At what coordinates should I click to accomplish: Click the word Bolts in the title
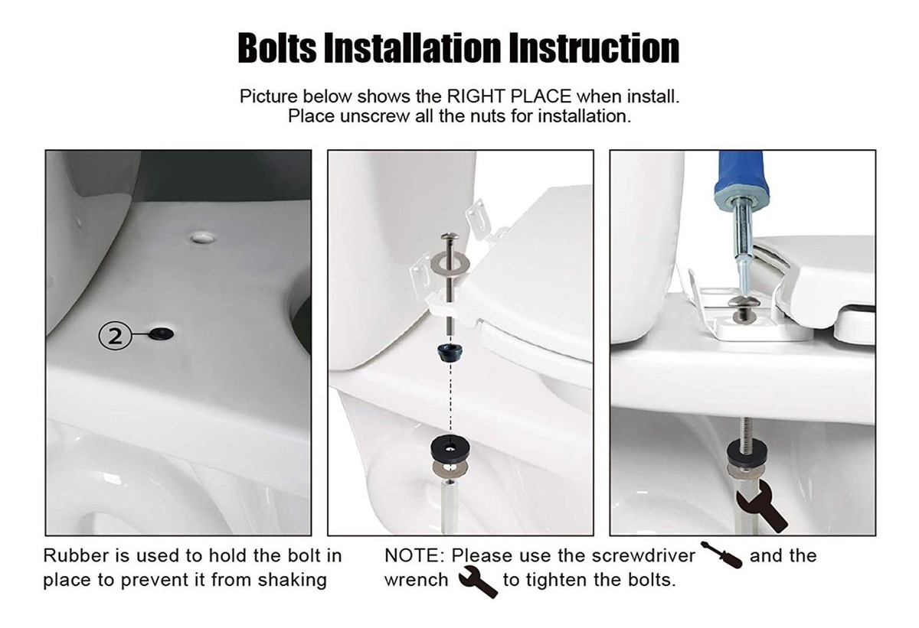pyautogui.click(x=277, y=48)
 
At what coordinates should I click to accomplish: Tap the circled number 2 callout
pyautogui.click(x=114, y=337)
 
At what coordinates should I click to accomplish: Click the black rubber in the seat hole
pyautogui.click(x=162, y=334)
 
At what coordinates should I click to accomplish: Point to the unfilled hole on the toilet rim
pyautogui.click(x=203, y=237)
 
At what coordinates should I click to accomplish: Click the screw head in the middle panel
pyautogui.click(x=450, y=237)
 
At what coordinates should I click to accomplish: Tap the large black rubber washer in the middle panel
pyautogui.click(x=450, y=449)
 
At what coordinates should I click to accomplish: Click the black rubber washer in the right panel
pyautogui.click(x=745, y=451)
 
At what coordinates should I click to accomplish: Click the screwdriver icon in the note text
pyautogui.click(x=721, y=555)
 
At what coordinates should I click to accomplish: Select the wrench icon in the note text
pyautogui.click(x=478, y=581)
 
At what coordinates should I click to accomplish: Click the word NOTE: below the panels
pyautogui.click(x=414, y=556)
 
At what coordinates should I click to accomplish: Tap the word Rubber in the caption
pyautogui.click(x=76, y=556)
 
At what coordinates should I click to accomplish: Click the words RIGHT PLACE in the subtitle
pyautogui.click(x=509, y=96)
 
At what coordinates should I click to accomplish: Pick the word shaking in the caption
pyautogui.click(x=292, y=581)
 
